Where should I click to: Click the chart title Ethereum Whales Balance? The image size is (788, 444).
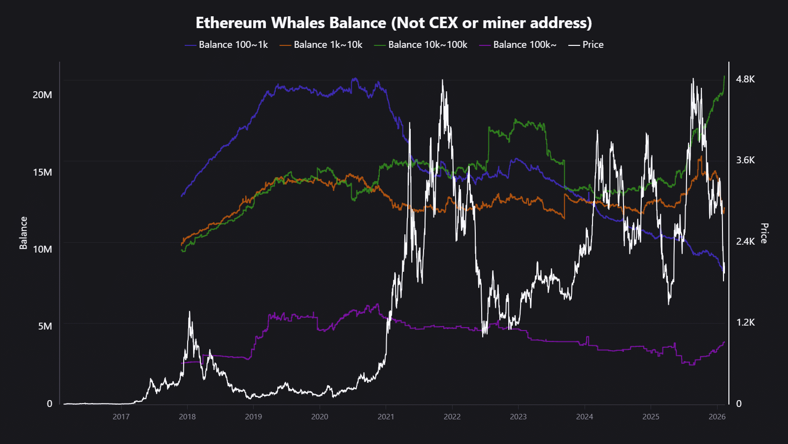point(394,23)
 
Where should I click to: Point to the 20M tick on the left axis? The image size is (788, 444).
point(42,95)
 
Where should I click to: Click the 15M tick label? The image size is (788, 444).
point(42,172)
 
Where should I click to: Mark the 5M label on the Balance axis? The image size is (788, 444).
point(45,326)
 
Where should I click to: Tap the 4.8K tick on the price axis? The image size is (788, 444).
point(745,79)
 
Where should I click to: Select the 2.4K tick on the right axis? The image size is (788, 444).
point(745,241)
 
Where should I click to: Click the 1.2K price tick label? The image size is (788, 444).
point(745,322)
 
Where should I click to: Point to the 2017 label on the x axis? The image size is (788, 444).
point(121,417)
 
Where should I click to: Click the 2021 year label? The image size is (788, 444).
point(386,417)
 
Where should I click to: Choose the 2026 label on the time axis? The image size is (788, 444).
point(717,417)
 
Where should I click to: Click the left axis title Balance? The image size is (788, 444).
point(23,233)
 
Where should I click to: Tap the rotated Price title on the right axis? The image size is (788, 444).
point(764,233)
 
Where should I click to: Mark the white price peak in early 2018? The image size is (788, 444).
point(190,312)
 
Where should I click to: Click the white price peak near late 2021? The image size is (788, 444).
point(442,80)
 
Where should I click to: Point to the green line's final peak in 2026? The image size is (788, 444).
point(724,76)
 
